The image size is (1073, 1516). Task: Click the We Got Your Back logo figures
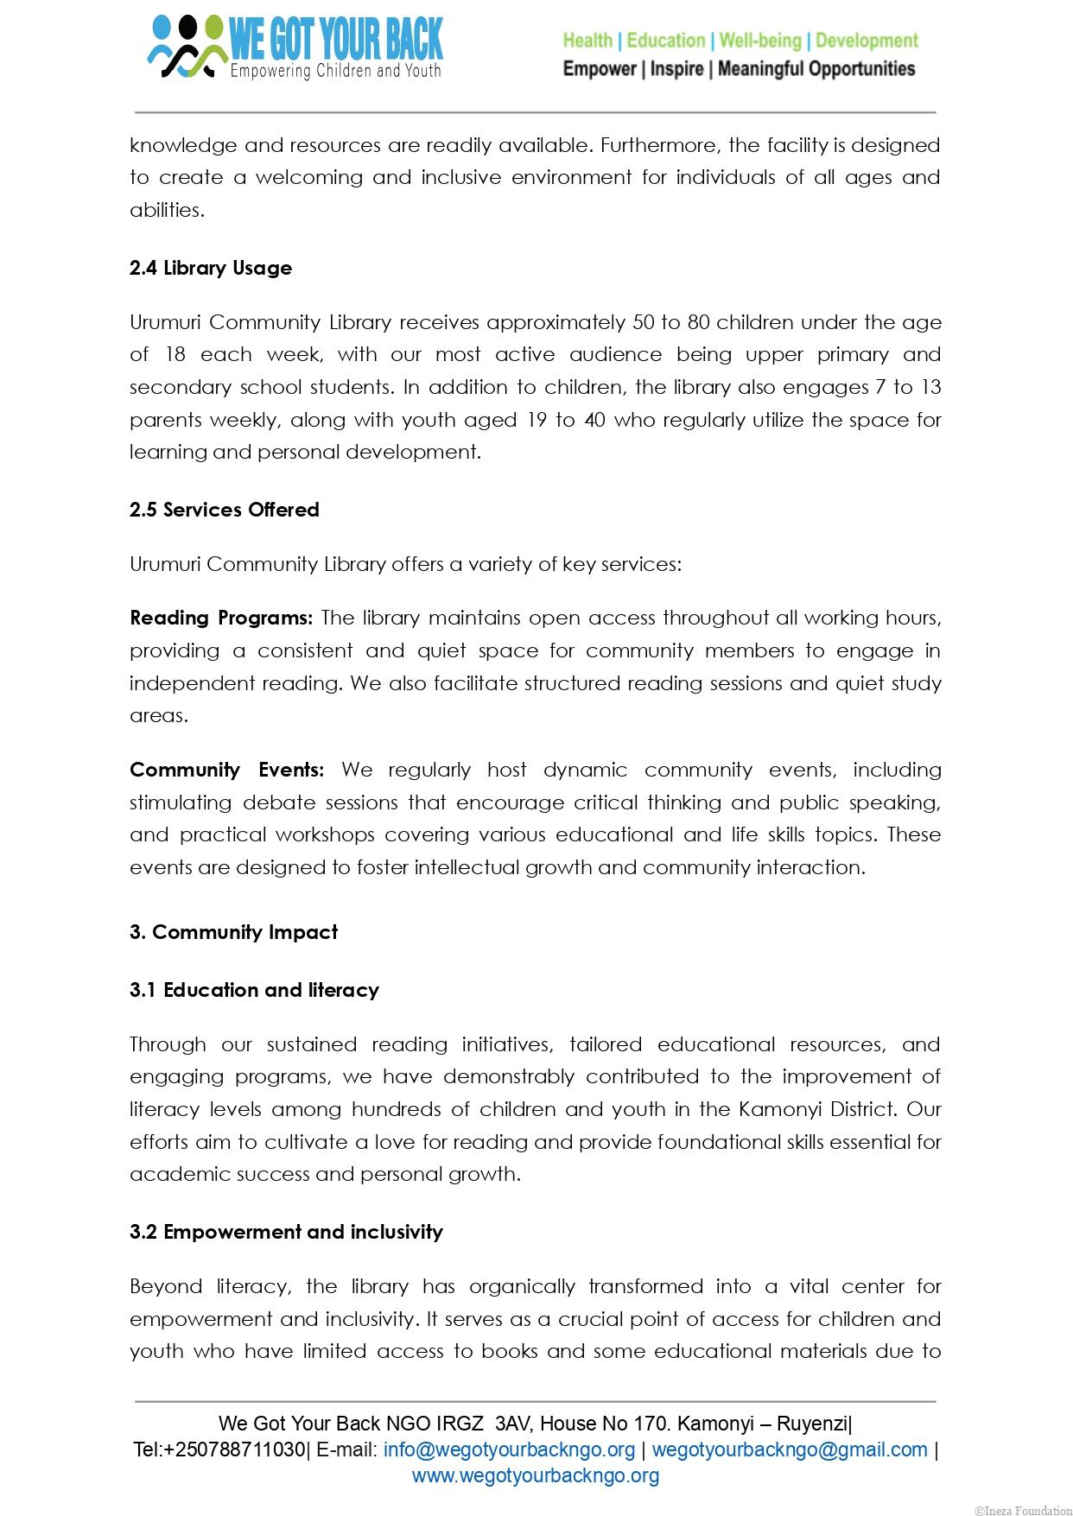tap(186, 48)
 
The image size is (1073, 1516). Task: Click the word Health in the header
tap(587, 41)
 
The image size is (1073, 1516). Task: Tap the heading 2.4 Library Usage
tap(211, 268)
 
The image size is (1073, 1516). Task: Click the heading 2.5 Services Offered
tap(225, 510)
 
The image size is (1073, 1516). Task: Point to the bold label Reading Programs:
tap(221, 618)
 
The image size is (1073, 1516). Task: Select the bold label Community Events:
tap(226, 770)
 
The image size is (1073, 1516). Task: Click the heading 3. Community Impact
tap(233, 932)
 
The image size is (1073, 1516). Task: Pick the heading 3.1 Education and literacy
tap(254, 990)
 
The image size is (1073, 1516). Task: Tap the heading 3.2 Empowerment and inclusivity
tap(286, 1232)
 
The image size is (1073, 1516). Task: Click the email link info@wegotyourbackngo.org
tap(509, 1449)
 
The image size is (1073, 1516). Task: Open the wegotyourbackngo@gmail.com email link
tap(790, 1449)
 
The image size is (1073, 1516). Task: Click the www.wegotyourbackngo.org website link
tap(536, 1475)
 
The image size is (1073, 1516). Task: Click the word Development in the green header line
tap(867, 41)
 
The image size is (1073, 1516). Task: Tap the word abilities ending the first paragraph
tap(166, 210)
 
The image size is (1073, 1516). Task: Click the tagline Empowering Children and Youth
tap(335, 71)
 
